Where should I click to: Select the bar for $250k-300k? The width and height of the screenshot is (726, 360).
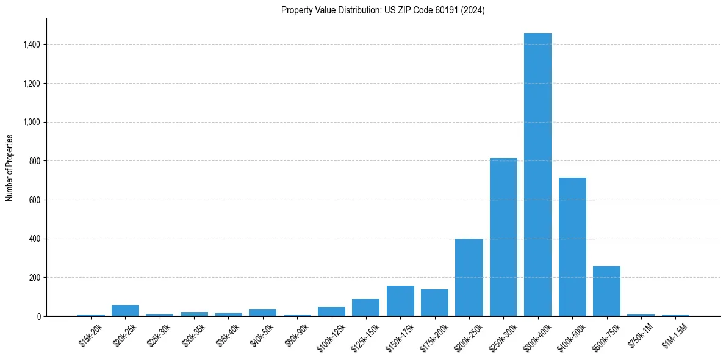[x=503, y=237]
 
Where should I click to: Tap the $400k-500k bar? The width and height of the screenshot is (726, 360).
[x=572, y=247]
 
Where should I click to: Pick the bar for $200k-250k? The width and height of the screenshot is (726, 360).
[x=469, y=278]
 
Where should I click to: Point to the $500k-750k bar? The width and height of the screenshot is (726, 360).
[x=606, y=291]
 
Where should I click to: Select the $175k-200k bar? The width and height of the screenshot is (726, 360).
[x=434, y=303]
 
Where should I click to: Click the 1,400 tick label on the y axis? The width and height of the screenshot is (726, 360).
[x=32, y=45]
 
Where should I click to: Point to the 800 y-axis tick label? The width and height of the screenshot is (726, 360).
[x=35, y=161]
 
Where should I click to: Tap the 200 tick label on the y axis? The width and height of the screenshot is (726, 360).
[x=35, y=278]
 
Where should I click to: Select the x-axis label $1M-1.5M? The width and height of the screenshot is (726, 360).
[x=675, y=335]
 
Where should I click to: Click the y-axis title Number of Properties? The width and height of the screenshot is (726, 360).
[x=9, y=167]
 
